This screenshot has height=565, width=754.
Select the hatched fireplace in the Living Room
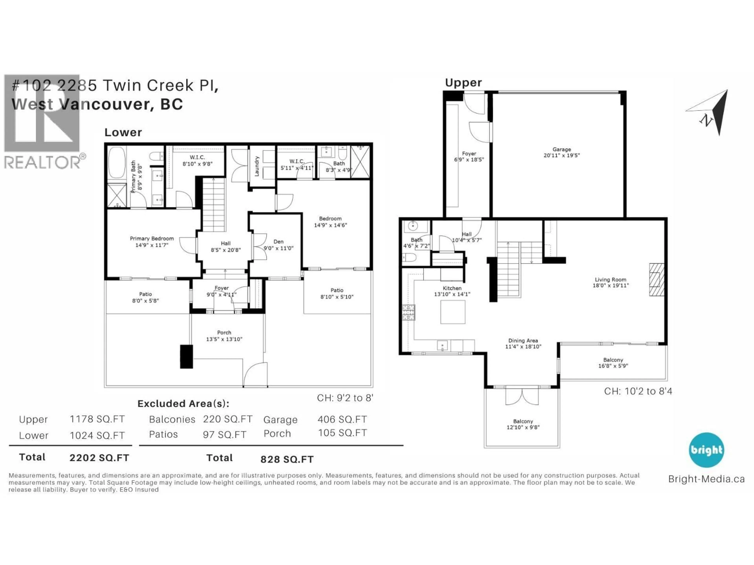[x=657, y=279]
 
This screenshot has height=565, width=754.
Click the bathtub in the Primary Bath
[x=117, y=162]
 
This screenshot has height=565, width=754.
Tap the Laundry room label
[x=257, y=166]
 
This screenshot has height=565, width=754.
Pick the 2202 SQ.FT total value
[x=99, y=458]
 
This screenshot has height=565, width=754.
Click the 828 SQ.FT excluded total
[x=287, y=459]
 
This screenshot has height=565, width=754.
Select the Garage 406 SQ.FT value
[x=342, y=419]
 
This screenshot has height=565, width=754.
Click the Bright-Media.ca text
[x=706, y=479]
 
